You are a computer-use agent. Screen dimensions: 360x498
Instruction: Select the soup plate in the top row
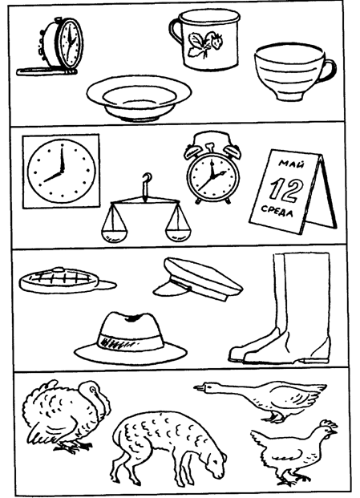[139, 98]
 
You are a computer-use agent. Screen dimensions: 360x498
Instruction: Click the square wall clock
[61, 171]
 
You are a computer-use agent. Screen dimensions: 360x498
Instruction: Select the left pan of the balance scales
[114, 234]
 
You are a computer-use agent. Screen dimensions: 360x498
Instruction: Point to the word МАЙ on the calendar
[291, 164]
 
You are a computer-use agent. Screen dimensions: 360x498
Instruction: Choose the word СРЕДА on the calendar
[277, 212]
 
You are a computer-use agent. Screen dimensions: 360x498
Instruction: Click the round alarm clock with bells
[212, 168]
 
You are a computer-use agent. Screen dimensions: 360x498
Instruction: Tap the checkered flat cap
[67, 281]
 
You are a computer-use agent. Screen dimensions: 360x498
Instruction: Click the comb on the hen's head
[329, 423]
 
